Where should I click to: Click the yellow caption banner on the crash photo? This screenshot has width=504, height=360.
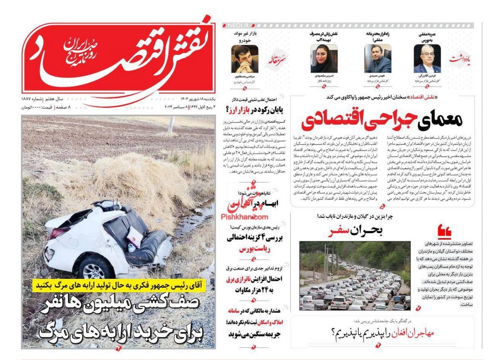119,285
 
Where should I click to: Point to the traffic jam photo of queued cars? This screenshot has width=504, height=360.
354,276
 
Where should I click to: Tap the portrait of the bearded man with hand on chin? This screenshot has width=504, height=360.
244,59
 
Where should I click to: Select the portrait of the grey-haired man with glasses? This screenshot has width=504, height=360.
427,59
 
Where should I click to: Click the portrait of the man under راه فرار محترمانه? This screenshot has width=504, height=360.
377,59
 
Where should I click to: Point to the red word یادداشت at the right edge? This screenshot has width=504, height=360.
460,59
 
